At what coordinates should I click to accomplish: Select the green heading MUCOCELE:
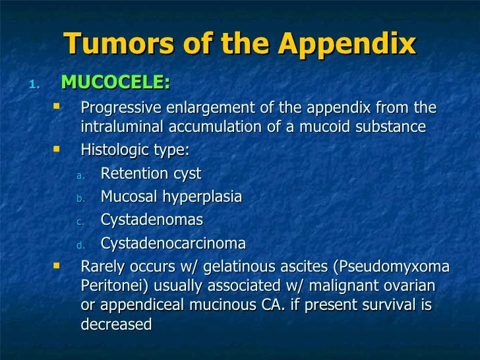pos(115,84)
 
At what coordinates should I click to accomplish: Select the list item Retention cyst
pos(151,174)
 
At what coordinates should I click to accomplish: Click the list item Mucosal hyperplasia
pos(171,197)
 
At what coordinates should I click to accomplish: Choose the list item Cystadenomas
pos(152,220)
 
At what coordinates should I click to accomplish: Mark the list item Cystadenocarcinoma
pos(173,243)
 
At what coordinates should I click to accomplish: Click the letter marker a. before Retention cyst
pos(80,175)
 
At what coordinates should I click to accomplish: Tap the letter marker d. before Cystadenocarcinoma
pos(80,245)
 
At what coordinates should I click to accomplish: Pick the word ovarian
pos(408,286)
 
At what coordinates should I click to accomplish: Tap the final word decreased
pos(116,324)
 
